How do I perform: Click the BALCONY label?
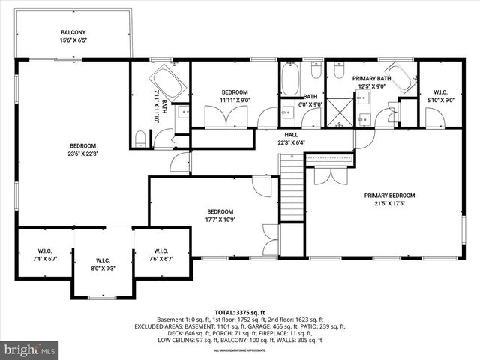73,32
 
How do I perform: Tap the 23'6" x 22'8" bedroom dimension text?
83,155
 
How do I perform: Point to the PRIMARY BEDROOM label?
389,196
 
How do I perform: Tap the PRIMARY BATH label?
372,77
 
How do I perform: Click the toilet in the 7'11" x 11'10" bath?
139,136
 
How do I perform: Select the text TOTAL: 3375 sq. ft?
240,312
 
